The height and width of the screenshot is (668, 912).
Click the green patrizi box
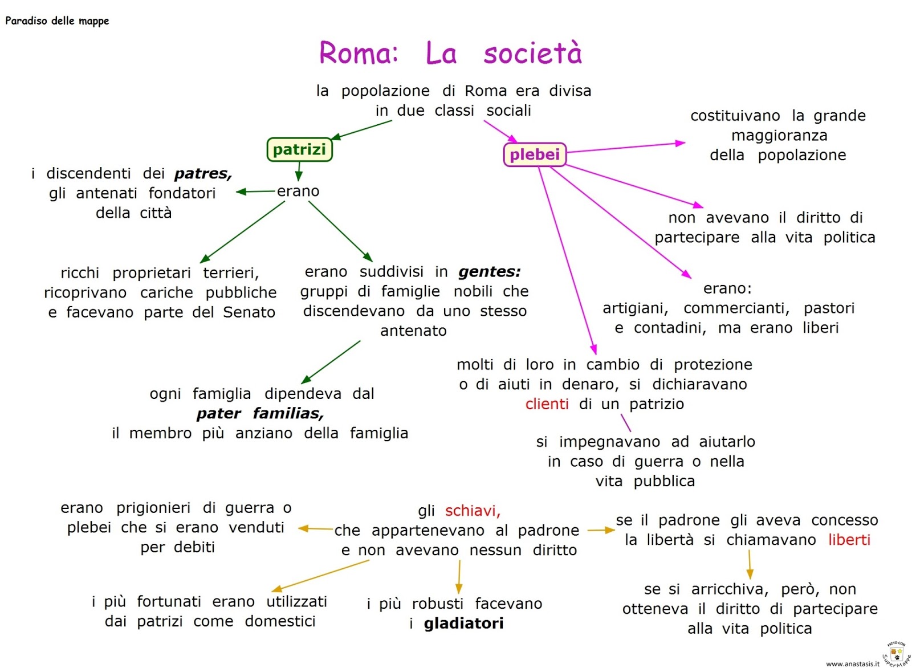tap(299, 149)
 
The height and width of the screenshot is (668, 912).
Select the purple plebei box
tap(535, 154)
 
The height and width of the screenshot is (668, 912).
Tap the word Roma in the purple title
tap(358, 53)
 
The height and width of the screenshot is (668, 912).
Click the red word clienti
tap(547, 404)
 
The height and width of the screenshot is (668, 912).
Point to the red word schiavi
tap(473, 511)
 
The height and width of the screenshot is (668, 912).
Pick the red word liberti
tap(849, 540)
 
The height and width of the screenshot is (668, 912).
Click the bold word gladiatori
tap(463, 624)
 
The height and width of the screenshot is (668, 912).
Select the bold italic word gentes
tap(490, 272)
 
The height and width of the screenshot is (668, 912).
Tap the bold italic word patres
tap(203, 174)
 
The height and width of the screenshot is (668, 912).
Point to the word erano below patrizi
tap(298, 192)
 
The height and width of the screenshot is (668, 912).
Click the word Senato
tap(249, 312)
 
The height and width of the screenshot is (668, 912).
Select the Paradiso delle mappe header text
tap(57, 21)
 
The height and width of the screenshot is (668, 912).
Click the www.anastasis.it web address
tap(852, 663)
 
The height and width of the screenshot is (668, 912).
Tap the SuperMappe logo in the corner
tap(897, 654)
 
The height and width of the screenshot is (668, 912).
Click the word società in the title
tap(533, 53)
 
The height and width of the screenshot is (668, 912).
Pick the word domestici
tap(280, 621)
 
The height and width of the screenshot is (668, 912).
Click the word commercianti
tap(736, 308)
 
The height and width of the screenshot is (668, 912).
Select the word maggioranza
tap(779, 136)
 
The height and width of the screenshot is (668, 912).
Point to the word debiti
tap(194, 547)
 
